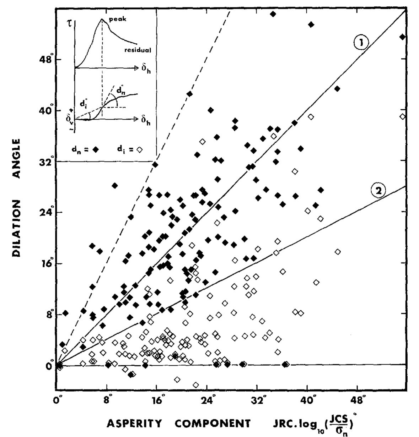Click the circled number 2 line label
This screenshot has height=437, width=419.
pos(378,191)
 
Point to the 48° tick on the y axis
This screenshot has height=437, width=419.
pos(47,59)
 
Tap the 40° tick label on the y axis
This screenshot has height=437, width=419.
pos(47,110)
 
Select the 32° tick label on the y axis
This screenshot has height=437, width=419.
pos(47,162)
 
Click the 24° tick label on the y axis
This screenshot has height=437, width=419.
pos(47,213)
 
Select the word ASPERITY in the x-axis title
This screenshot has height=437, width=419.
pos(134,424)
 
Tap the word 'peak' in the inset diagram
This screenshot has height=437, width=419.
pos(117,20)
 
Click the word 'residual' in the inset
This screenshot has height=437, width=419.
pos(138,50)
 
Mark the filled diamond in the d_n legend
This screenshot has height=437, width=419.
pos(95,150)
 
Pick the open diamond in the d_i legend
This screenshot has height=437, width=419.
pos(139,150)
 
